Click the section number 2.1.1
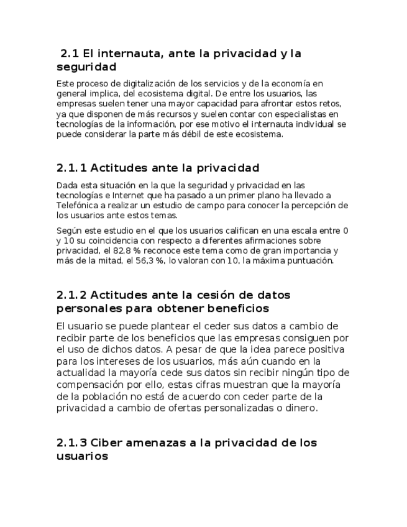tap(71, 168)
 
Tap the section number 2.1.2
tap(71, 295)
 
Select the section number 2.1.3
tap(71, 442)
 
